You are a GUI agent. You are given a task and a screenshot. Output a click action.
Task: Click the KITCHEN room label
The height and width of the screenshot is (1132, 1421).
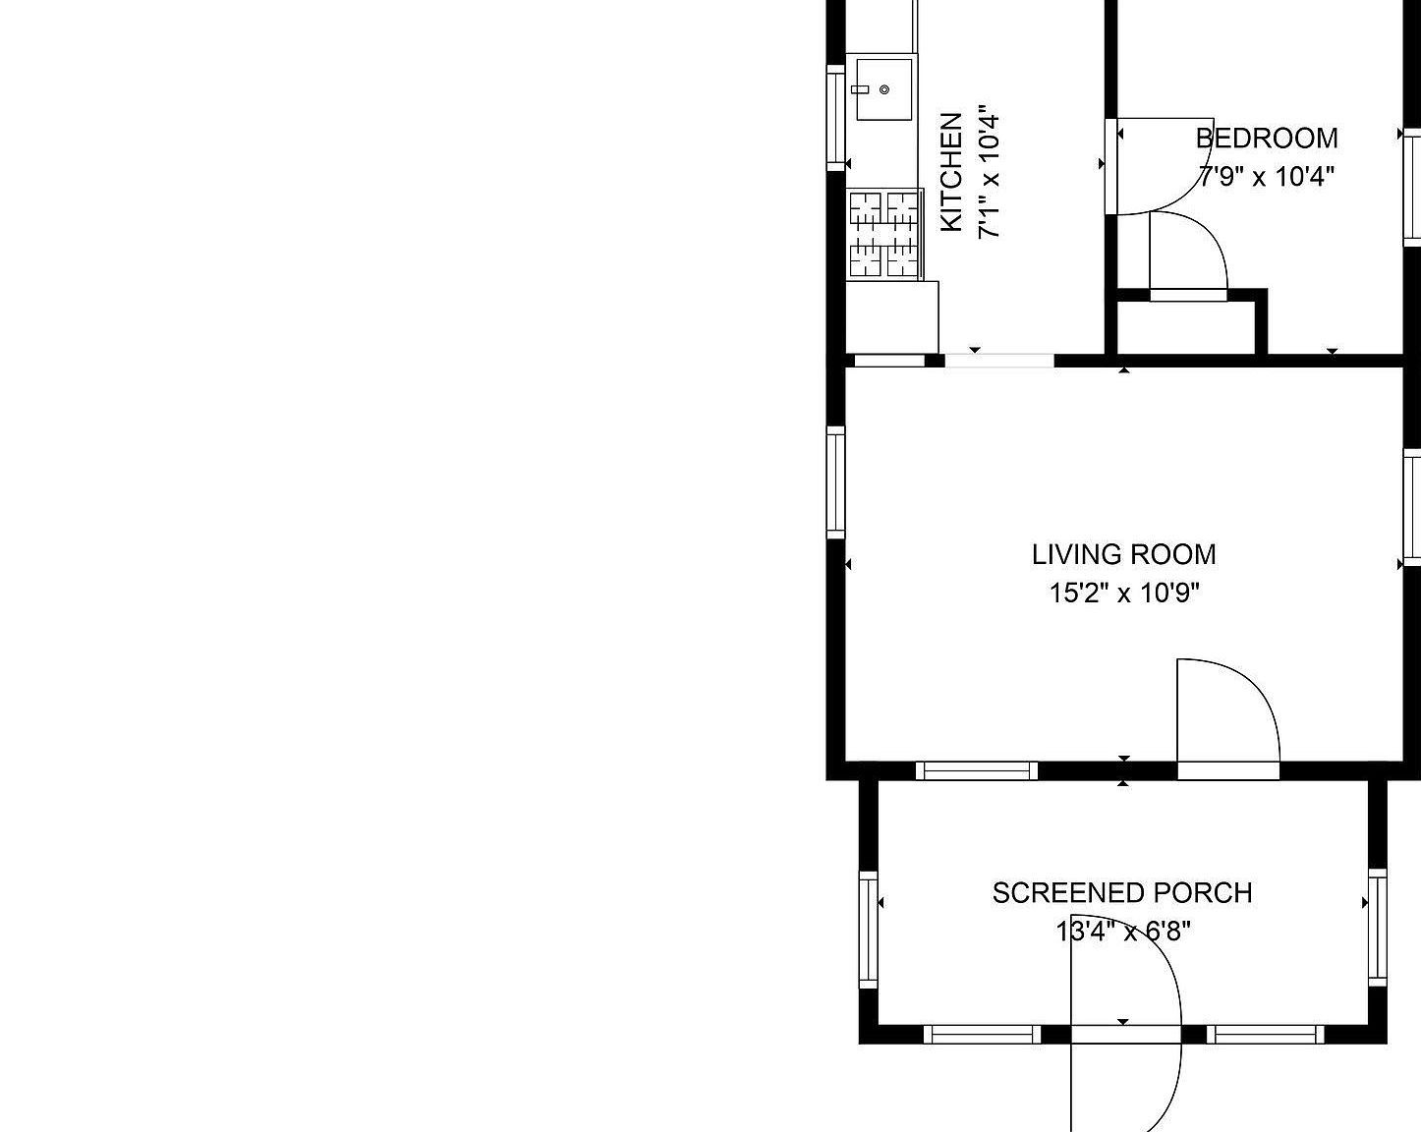click(950, 173)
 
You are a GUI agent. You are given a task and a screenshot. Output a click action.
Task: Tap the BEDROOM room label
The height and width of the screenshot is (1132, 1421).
click(1266, 138)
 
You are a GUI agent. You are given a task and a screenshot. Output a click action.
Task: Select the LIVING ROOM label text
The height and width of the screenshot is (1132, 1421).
click(1123, 554)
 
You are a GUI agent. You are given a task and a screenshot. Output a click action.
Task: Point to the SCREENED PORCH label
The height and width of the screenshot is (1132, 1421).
click(1121, 892)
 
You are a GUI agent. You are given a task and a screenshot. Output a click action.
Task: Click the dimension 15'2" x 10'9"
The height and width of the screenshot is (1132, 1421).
click(1124, 594)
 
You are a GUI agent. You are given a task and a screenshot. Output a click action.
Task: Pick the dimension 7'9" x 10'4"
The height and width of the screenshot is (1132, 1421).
click(1266, 177)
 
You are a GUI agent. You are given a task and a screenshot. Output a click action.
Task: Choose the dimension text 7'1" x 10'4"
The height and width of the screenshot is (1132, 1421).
click(989, 173)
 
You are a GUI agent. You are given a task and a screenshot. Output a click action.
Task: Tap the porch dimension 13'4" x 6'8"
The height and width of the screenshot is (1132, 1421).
click(1122, 931)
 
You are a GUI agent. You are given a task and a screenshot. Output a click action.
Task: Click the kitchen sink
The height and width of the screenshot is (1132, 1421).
click(883, 88)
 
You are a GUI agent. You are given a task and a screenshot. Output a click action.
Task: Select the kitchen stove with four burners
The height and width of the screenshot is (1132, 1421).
click(883, 234)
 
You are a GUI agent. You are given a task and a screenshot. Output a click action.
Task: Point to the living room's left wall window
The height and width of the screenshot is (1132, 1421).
click(835, 481)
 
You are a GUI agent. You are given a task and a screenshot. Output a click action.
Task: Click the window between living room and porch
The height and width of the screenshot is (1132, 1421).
click(977, 770)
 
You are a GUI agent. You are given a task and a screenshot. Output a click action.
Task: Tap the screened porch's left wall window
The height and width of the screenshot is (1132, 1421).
click(869, 929)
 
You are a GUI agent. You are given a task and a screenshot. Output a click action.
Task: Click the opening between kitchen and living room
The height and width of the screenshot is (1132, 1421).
click(998, 361)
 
